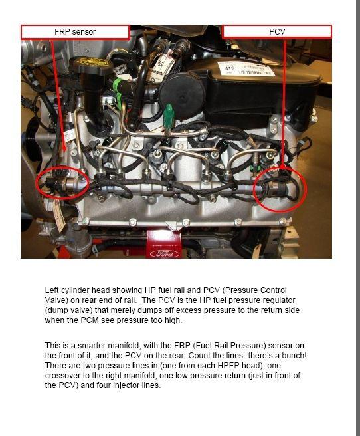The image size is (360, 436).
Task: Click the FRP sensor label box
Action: click(x=74, y=31)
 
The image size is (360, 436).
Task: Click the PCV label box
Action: click(x=276, y=31)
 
